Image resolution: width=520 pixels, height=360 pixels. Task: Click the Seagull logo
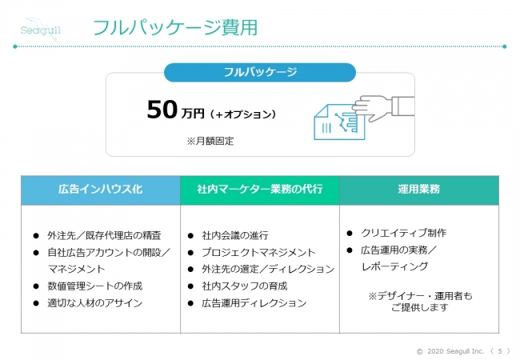click(x=41, y=30)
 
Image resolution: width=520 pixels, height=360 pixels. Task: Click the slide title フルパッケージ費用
click(x=175, y=27)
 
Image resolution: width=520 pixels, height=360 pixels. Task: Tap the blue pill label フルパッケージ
click(x=260, y=72)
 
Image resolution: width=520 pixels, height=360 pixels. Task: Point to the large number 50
click(x=162, y=110)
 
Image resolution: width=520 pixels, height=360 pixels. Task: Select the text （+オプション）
click(x=243, y=114)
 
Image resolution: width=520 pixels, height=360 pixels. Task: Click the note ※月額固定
click(x=210, y=142)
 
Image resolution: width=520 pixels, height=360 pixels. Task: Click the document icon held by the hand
click(x=339, y=122)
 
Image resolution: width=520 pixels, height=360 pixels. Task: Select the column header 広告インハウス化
click(x=101, y=190)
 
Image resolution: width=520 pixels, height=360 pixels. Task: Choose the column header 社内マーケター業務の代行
click(x=260, y=190)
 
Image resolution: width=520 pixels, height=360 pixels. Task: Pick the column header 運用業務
click(x=419, y=190)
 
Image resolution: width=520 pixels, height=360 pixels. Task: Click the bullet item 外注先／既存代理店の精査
click(x=104, y=236)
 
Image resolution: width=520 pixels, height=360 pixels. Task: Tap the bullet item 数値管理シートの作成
click(x=95, y=286)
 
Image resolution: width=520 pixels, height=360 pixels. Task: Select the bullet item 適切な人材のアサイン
click(x=95, y=303)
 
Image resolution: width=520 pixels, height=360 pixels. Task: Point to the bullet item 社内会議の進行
click(x=235, y=236)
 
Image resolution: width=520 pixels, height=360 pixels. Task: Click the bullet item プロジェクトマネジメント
click(x=258, y=253)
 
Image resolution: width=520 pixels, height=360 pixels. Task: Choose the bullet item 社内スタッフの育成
click(x=245, y=286)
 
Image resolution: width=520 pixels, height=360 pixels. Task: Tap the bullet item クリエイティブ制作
click(x=403, y=233)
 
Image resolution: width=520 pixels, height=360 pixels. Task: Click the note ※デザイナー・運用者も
click(x=420, y=296)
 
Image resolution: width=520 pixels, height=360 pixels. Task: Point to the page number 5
click(x=500, y=351)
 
